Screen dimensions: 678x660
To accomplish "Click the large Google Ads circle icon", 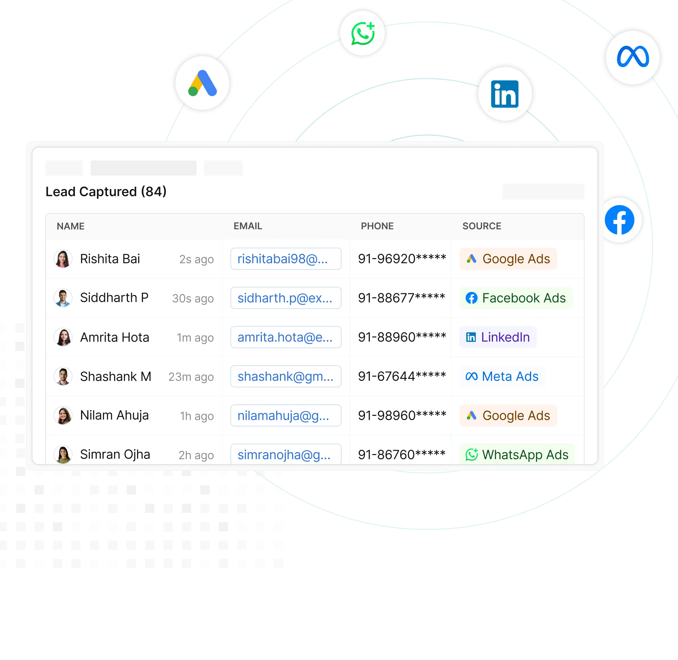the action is (203, 84).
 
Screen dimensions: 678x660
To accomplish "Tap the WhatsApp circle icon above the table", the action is (362, 33).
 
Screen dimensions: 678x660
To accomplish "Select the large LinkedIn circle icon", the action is (505, 94).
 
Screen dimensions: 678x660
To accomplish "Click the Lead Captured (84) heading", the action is (106, 192).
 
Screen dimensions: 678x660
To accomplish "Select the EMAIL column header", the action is (247, 226).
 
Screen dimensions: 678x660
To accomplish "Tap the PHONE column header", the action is (377, 226).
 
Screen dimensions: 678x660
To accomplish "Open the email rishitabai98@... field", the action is (286, 259).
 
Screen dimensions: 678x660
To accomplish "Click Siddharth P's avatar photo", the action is (63, 298).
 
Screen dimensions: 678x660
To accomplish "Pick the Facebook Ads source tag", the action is (516, 298).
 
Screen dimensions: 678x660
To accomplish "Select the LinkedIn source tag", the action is (498, 337).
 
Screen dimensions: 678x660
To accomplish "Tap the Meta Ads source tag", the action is (502, 376).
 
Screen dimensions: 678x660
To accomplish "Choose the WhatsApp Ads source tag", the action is (517, 454).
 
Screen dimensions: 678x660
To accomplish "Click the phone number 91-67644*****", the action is (402, 376).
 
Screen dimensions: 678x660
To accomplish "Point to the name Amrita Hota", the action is (114, 337).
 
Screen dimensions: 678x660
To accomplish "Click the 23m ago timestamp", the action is (191, 377).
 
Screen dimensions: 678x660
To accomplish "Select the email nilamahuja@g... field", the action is (286, 415).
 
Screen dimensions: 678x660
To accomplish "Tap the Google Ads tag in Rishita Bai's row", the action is (508, 259).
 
